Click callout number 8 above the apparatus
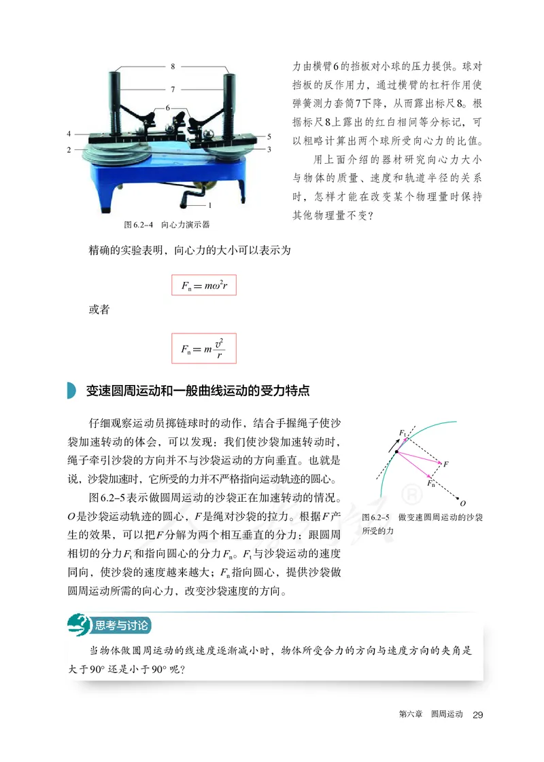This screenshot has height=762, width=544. [x=173, y=67]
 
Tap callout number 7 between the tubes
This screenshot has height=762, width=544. [x=173, y=89]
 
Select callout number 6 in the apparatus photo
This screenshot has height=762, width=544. [x=167, y=108]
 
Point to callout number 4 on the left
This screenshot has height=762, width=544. [x=69, y=134]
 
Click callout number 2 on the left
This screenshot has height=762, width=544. [x=69, y=149]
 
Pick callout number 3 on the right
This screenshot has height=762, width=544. [x=269, y=148]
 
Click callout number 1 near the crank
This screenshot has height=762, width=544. [x=210, y=204]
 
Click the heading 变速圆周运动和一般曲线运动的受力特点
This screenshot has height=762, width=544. [x=198, y=391]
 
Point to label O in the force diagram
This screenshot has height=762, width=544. [x=462, y=503]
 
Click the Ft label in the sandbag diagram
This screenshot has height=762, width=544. [x=403, y=433]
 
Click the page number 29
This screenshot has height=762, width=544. [x=477, y=715]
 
